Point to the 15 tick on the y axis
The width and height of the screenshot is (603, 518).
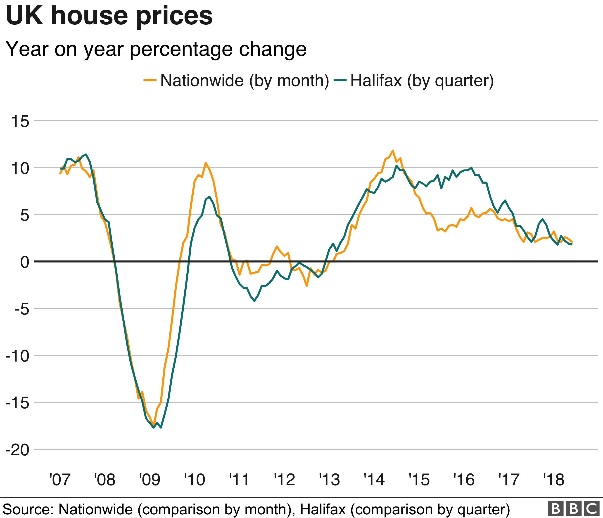pos(20,121)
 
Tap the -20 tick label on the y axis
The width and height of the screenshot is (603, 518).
pos(17,450)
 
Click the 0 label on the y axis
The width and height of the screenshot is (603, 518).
pos(25,262)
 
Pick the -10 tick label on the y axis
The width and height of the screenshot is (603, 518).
pos(17,356)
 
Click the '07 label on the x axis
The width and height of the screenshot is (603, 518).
pos(60,480)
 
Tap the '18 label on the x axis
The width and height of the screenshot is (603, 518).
pos(554,480)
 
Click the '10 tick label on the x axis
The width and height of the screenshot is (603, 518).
pos(195,480)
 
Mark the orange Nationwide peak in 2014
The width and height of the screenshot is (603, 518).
pos(393,151)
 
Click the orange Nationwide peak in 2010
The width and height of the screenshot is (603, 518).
pos(205,163)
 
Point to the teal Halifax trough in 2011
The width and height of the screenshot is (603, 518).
pos(254,301)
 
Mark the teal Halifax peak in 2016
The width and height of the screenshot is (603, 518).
pos(471,168)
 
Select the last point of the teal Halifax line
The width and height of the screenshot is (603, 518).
pos(572,245)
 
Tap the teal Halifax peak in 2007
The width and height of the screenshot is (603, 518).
pos(86,154)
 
